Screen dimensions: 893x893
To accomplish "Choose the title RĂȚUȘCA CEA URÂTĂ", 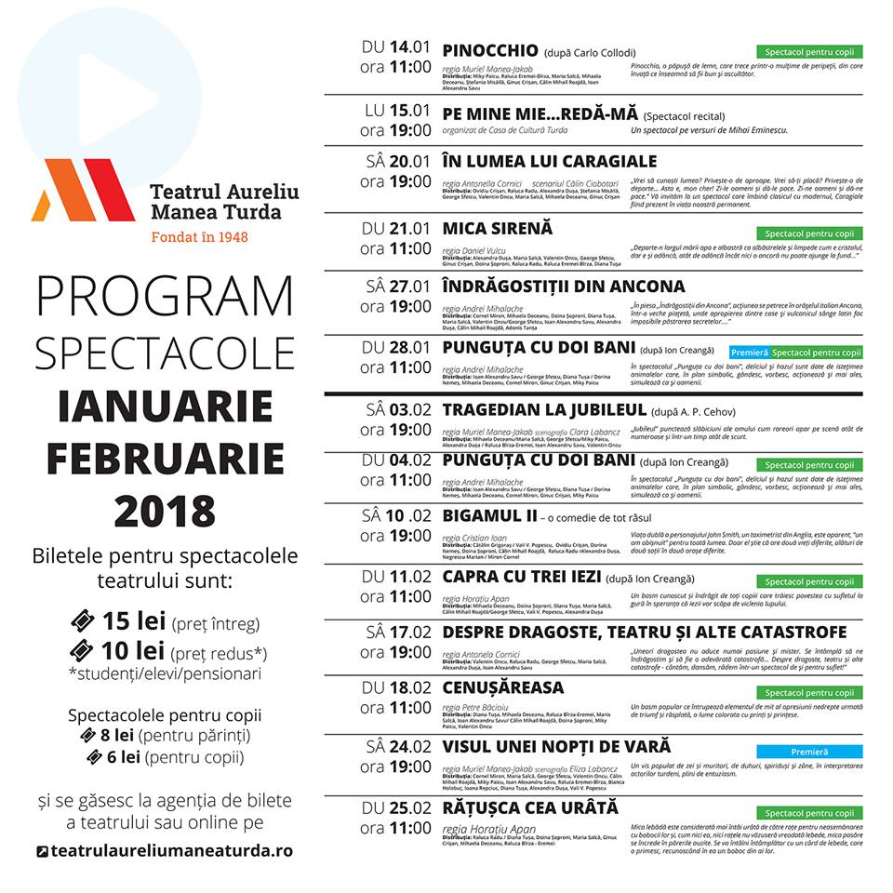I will tap(530, 807).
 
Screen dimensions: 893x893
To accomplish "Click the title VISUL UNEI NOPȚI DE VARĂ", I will tap(556, 747).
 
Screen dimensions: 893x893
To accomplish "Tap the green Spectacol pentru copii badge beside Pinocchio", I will tap(808, 52).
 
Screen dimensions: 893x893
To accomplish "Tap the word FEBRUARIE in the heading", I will tap(165, 459).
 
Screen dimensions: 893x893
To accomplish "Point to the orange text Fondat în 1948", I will tap(200, 236).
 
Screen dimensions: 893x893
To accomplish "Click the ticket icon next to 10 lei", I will tap(84, 649).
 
